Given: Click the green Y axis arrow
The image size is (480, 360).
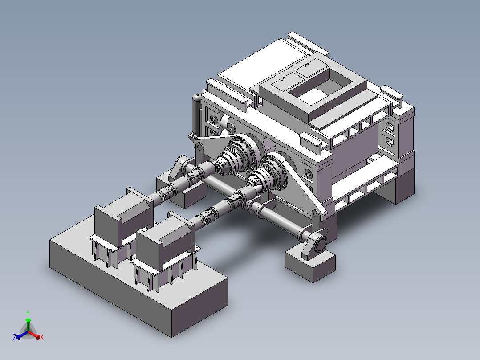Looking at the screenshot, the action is tap(28, 322).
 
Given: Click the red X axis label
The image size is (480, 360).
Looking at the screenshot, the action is tap(42, 337).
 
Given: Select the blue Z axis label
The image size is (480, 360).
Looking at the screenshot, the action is tap(15, 337).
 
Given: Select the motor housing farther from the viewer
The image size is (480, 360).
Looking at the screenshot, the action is tap(123, 214).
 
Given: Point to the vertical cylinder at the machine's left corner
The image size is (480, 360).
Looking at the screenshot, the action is tap(196, 113).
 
